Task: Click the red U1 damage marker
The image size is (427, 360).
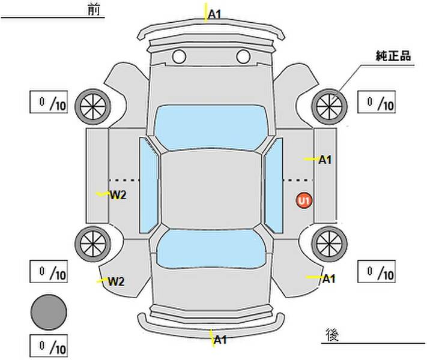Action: (x=304, y=200)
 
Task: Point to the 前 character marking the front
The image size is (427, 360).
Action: (x=92, y=11)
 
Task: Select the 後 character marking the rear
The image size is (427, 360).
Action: (x=332, y=334)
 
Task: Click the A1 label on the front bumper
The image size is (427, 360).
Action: (x=215, y=13)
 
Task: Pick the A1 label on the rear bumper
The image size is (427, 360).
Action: (x=220, y=340)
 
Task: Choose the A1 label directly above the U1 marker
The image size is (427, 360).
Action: (x=325, y=160)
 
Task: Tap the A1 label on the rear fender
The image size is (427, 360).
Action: (x=329, y=278)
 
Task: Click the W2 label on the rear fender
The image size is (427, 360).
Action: (x=115, y=281)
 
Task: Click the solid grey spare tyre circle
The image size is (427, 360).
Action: (x=49, y=312)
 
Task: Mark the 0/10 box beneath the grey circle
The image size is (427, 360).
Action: (x=48, y=346)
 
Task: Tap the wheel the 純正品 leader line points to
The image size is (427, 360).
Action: (x=330, y=106)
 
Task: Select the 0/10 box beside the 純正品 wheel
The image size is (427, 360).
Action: (x=377, y=103)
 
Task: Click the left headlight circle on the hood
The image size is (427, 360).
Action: (x=178, y=57)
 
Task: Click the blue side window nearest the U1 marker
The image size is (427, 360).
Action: (x=274, y=185)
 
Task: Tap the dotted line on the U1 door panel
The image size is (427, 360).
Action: (x=298, y=180)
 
